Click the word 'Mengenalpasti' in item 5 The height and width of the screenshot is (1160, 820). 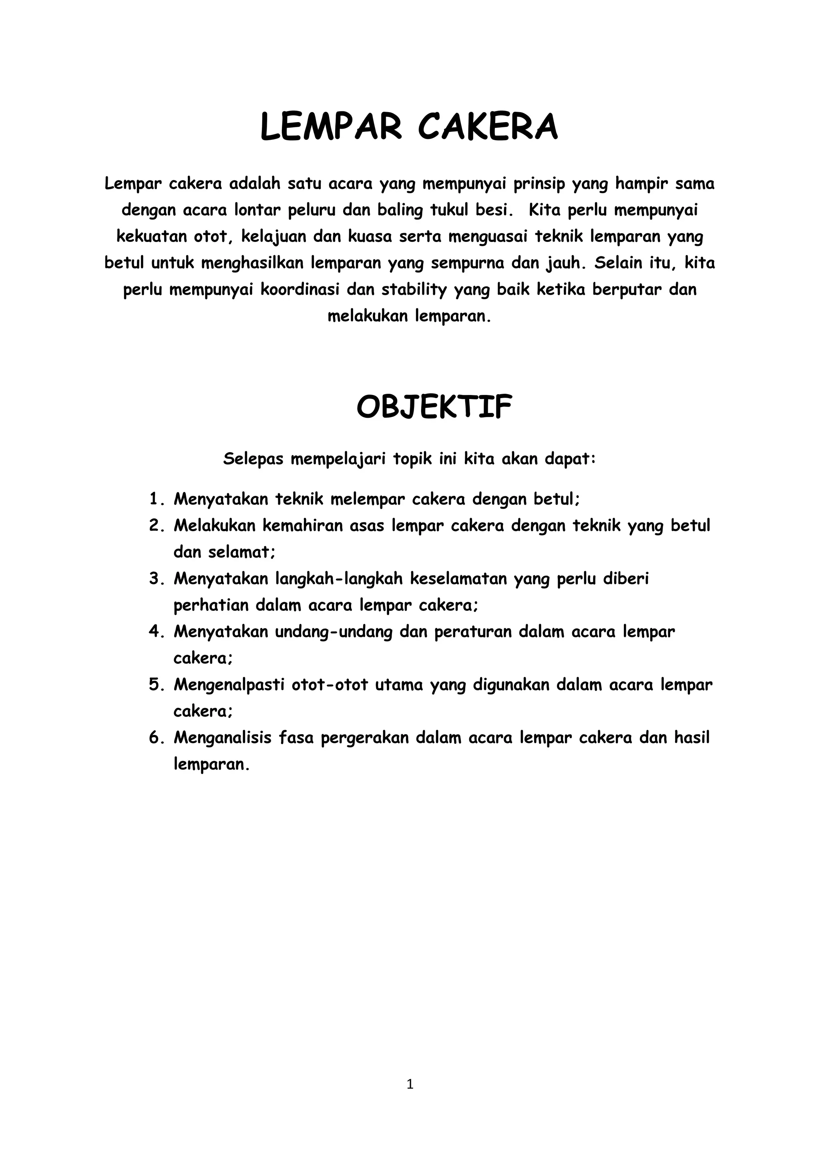click(229, 685)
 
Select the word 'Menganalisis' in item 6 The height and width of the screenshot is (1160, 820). click(223, 738)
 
